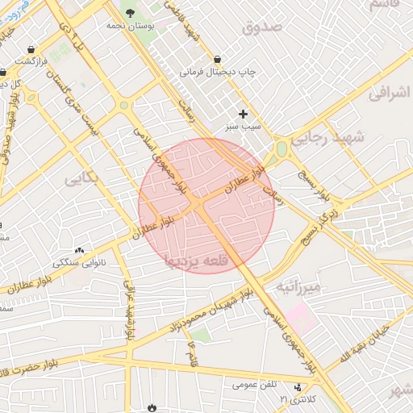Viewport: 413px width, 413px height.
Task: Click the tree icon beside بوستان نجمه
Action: tap(131, 12)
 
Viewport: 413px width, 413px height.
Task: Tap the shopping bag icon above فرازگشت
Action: tap(31, 48)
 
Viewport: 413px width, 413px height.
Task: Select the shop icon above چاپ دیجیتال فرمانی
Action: tap(218, 59)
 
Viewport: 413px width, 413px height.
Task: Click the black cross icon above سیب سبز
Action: tap(243, 114)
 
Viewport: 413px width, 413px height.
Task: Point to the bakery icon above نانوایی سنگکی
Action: tap(79, 251)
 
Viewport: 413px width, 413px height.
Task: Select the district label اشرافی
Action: tap(389, 93)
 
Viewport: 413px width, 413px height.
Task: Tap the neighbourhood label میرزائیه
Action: tap(298, 286)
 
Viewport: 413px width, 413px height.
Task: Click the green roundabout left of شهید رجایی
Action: tap(282, 149)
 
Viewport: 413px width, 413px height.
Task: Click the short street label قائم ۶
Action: tap(192, 353)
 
